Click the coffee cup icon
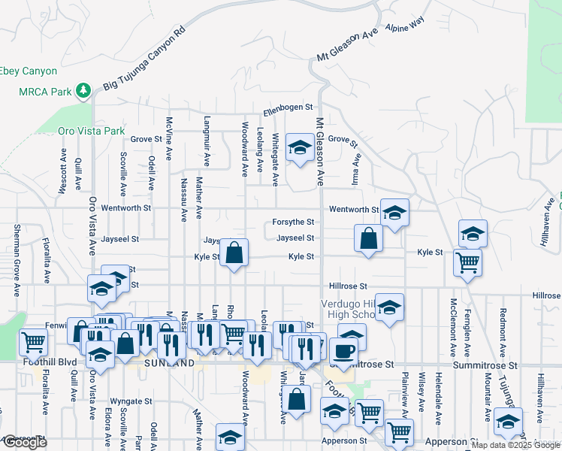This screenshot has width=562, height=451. [x=344, y=350]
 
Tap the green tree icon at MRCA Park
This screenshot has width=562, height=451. [x=83, y=92]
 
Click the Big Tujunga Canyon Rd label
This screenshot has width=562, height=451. [x=144, y=61]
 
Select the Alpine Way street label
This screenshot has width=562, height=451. [x=404, y=26]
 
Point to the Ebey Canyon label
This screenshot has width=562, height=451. [x=28, y=71]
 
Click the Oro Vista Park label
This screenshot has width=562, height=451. [x=91, y=131]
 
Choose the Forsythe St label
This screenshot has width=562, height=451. [x=293, y=222]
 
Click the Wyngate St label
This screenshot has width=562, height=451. [x=131, y=401]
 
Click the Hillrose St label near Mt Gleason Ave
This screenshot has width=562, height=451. [x=348, y=286]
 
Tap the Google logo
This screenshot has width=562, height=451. [x=25, y=442]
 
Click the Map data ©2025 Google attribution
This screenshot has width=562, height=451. [x=515, y=445]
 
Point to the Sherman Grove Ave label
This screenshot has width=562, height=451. [x=16, y=250]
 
